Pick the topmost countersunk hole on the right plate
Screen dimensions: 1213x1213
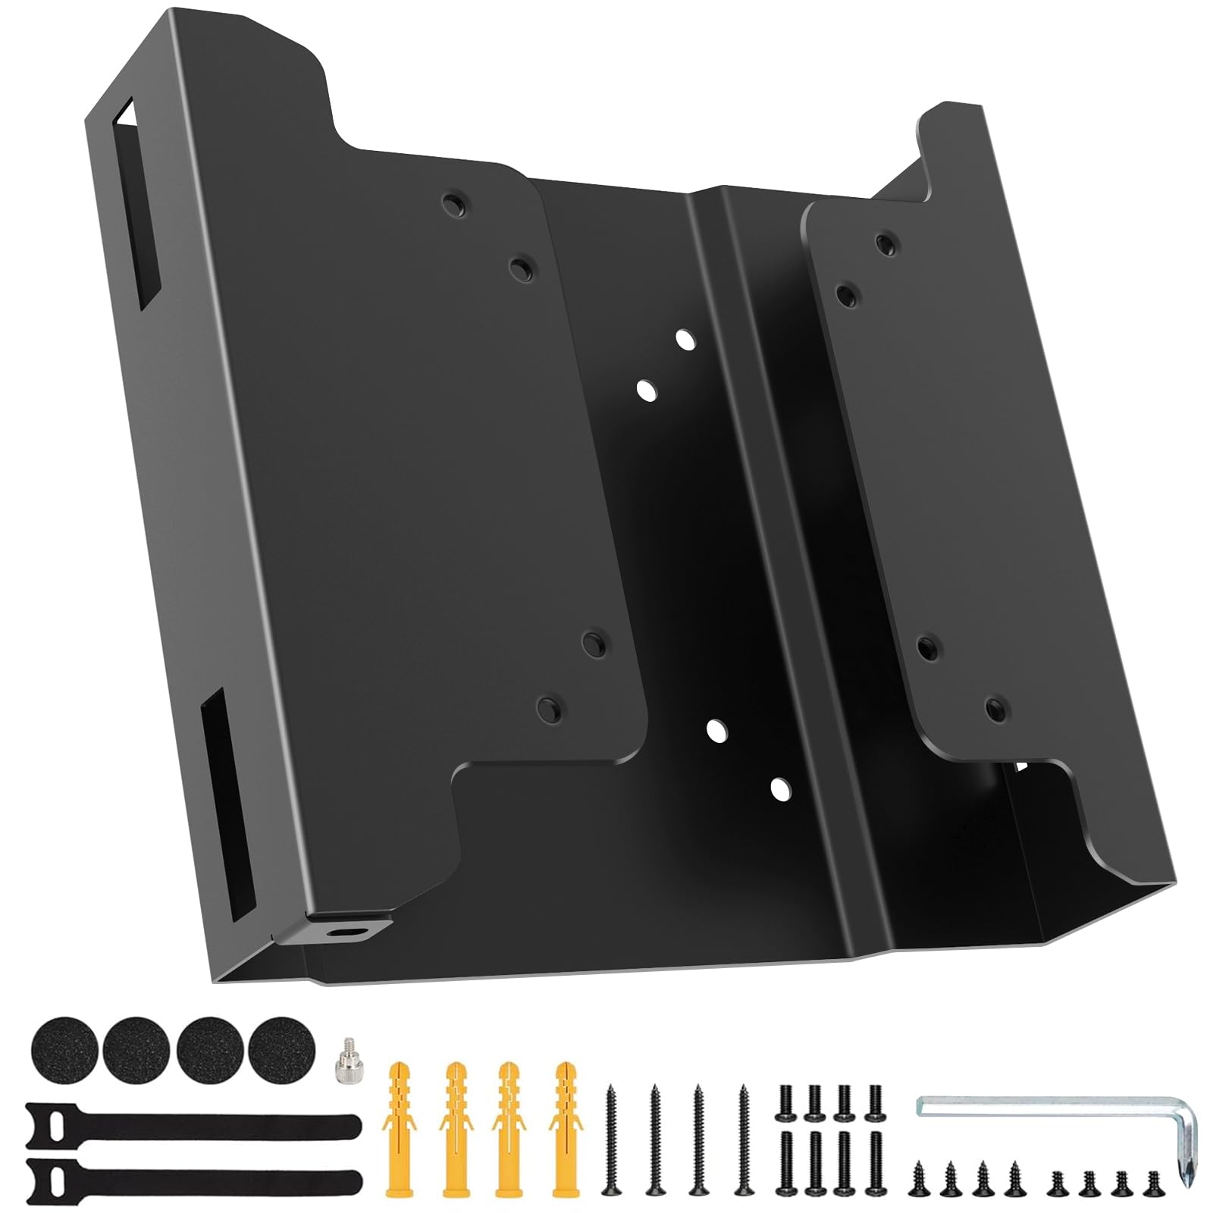pos(885,244)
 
